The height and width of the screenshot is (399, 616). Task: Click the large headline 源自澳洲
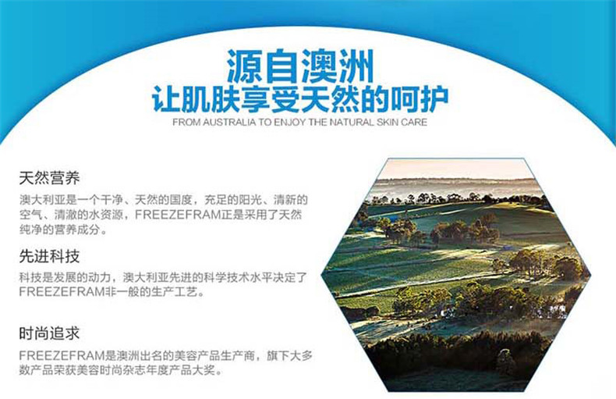click(x=300, y=66)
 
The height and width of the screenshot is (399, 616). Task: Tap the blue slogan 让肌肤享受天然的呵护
click(x=300, y=99)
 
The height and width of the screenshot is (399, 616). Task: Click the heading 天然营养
click(x=49, y=178)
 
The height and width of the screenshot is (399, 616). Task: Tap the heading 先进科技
click(x=49, y=257)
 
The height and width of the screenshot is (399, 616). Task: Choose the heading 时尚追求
click(x=49, y=333)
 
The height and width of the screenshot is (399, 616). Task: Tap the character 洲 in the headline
click(x=356, y=66)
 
